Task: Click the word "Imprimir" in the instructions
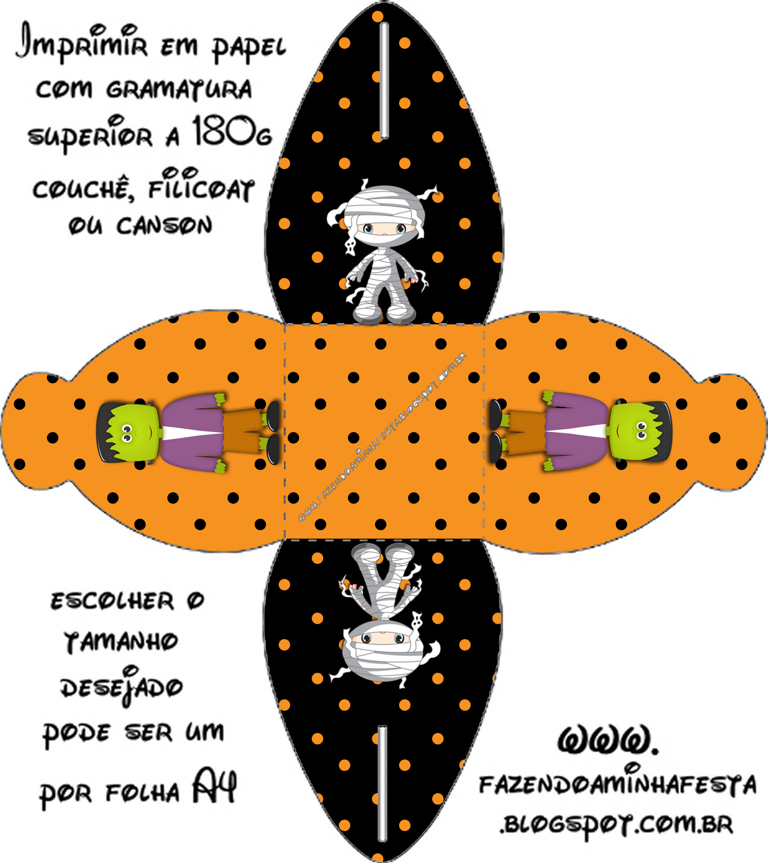tap(81, 42)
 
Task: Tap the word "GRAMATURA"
tap(179, 90)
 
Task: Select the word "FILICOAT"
tap(201, 189)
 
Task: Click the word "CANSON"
tap(164, 226)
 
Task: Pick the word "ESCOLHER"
tap(112, 601)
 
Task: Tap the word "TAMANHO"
tap(121, 642)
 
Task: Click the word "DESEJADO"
tap(121, 687)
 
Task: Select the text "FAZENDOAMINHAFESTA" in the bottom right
tap(618, 785)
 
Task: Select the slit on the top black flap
tap(384, 80)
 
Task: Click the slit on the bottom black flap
tap(382, 782)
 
